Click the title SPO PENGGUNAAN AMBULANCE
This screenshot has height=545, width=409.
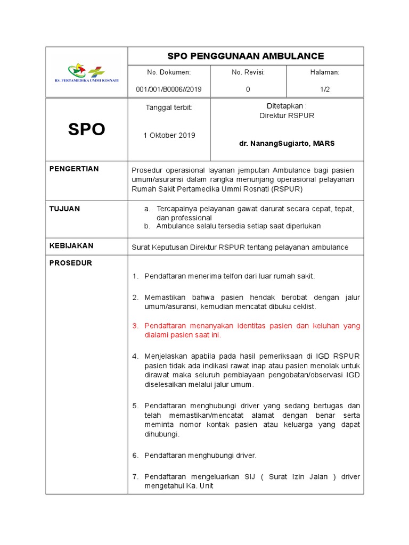[246, 56]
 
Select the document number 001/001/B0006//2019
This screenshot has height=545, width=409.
[169, 89]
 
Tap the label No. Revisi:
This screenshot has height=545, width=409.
[248, 72]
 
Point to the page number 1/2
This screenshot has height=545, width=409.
[325, 89]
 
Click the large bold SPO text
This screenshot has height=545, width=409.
[86, 129]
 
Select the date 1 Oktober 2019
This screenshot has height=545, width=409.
[169, 135]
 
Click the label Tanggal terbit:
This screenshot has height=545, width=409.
[169, 108]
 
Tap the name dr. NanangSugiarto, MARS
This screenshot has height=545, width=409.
[287, 144]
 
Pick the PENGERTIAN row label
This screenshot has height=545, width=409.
[74, 169]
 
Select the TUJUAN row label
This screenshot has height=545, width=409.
[64, 209]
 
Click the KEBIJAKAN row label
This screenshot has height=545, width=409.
[71, 246]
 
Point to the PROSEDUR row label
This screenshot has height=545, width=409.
[71, 263]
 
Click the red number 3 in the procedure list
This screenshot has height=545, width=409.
[135, 326]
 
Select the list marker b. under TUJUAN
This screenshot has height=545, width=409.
[147, 226]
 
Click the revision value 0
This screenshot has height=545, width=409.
[248, 89]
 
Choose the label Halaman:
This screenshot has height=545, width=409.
[325, 72]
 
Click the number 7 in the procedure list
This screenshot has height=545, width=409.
[135, 476]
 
